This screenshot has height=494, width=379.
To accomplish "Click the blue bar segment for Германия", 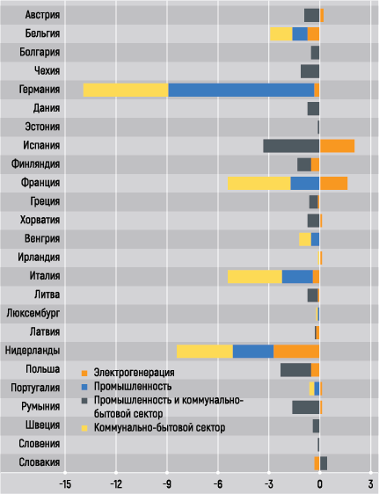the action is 241,91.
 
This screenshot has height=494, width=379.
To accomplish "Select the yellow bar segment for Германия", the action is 126,91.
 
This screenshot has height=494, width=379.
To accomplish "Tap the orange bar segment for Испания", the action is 337,146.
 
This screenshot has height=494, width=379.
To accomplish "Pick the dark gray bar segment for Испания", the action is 291,146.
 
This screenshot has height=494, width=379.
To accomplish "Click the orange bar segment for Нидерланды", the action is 296,352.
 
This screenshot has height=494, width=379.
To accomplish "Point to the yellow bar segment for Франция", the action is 259,184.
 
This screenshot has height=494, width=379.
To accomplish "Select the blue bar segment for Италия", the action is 297,277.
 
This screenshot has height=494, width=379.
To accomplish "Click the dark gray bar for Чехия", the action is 310,71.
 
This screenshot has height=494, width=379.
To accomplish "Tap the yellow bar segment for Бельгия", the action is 281,34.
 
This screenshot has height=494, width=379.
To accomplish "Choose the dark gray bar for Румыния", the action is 306,407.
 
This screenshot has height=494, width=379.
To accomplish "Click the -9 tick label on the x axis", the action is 167,484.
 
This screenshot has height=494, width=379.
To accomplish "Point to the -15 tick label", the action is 65,484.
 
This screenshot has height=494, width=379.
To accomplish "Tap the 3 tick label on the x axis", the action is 370,484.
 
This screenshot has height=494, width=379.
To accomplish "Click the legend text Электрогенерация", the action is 135,373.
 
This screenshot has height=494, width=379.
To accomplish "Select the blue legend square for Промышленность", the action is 84,387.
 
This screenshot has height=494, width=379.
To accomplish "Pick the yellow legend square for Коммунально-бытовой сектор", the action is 84,428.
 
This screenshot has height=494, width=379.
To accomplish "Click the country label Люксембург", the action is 33,314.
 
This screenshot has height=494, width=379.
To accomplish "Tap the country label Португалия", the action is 35,388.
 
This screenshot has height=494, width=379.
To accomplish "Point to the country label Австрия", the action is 42,15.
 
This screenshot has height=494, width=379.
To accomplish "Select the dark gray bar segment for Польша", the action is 295,370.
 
